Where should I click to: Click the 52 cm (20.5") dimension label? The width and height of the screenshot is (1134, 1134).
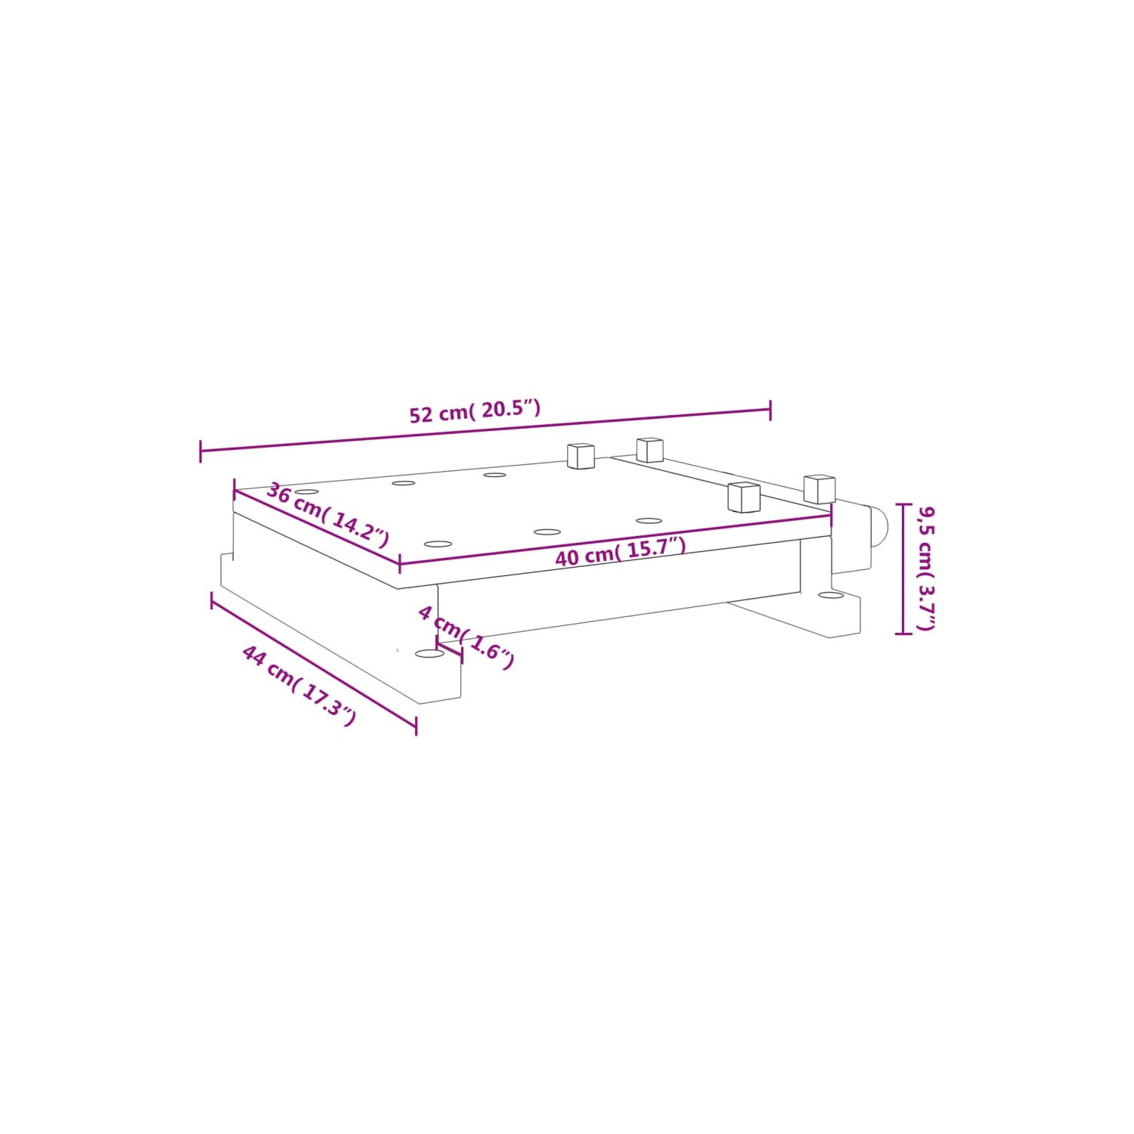(x=475, y=412)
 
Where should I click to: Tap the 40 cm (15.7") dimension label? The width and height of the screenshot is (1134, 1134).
(x=620, y=552)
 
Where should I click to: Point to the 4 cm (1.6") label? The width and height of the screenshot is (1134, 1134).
(x=466, y=637)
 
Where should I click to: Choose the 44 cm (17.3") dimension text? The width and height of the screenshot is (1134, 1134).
(x=299, y=684)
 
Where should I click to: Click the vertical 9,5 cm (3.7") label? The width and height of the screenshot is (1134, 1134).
(x=926, y=568)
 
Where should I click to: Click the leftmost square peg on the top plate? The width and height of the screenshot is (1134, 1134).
(x=581, y=456)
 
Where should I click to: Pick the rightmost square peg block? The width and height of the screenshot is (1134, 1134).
(x=820, y=488)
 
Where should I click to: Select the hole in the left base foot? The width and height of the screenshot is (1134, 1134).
(x=429, y=652)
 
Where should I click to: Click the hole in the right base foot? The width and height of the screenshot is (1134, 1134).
(x=831, y=596)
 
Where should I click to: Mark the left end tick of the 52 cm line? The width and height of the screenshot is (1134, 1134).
(x=200, y=451)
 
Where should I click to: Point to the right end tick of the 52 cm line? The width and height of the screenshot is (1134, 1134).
(x=770, y=411)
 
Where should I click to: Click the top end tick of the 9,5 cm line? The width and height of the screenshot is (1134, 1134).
(x=903, y=504)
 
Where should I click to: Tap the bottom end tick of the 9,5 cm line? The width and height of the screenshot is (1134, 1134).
(x=903, y=634)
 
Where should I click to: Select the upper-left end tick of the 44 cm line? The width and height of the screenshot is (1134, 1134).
(x=212, y=600)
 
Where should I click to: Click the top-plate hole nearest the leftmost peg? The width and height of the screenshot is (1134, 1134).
(x=495, y=475)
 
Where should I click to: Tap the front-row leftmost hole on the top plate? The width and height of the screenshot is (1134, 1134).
(x=438, y=544)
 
